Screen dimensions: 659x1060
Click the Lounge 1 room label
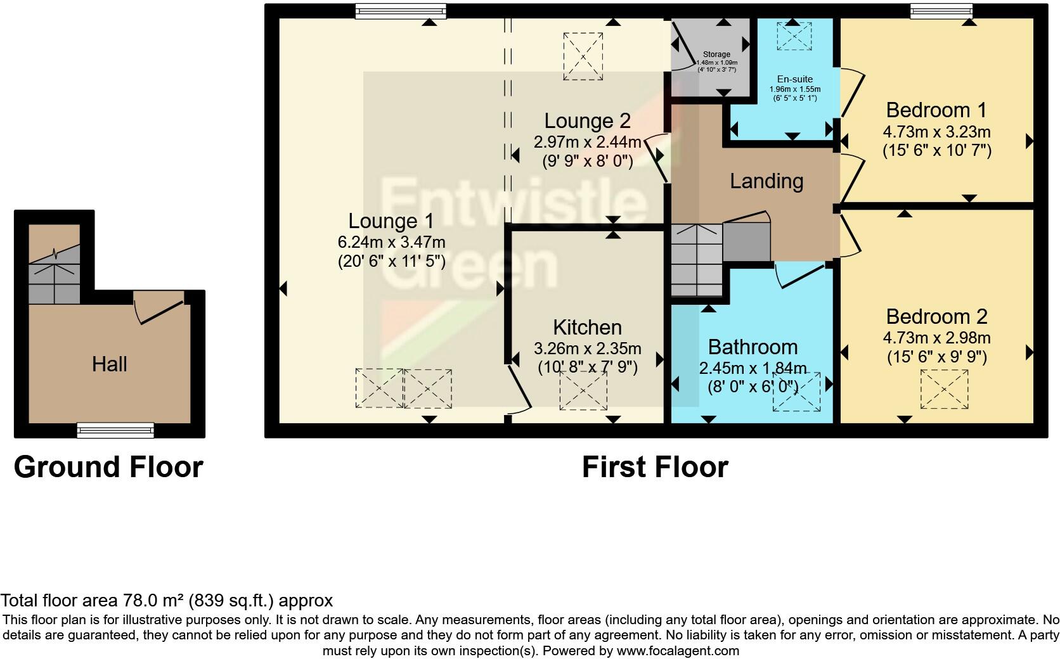pos(391,221)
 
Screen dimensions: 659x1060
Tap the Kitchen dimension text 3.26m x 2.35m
pos(588,349)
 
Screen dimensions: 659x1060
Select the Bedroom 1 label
pos(936,110)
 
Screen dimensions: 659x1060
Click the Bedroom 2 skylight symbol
pos(944,390)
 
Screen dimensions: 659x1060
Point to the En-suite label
pos(795,80)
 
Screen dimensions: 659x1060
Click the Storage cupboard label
pos(716,54)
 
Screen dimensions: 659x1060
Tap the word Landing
pos(766,181)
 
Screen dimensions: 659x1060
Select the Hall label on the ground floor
pos(110,364)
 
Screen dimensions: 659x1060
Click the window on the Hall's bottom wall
pos(115,430)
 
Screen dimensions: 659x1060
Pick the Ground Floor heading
pos(108,467)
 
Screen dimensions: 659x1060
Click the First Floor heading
pos(655,467)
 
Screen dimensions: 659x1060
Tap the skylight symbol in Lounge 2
pos(583,56)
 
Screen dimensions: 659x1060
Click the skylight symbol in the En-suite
pos(794,35)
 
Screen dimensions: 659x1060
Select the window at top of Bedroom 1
pos(941,11)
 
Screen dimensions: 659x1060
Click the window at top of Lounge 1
pos(400,11)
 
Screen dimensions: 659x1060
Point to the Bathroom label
pos(753,347)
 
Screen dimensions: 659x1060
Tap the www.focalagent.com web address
pos(678,650)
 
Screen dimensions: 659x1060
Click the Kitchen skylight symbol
pos(583,390)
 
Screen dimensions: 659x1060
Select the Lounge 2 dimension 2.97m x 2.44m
pos(588,142)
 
